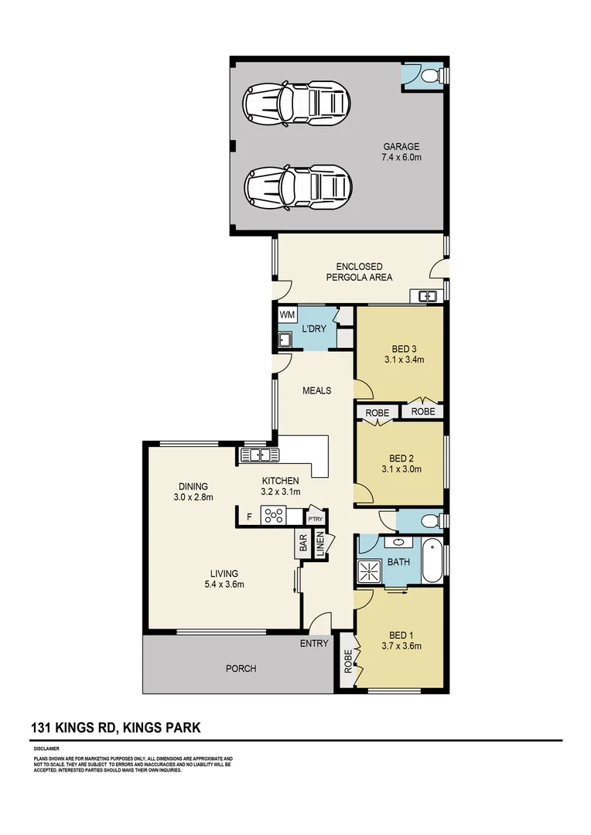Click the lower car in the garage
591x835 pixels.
pos(296,186)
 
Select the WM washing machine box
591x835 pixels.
pos(287,315)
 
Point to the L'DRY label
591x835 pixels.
pos(314,329)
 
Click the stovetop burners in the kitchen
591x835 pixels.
pos(274,515)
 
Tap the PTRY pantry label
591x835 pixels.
pos(315,519)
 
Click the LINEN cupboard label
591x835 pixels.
pos(319,544)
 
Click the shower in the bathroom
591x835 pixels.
pos(369,571)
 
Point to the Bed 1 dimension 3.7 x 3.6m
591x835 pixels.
pos(401,646)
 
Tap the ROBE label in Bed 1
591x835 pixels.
pos(347,663)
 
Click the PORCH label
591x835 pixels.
pos(241,669)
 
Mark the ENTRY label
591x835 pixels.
pos(314,643)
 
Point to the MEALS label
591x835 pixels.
pos(316,390)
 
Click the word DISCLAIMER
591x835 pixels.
pos(47,749)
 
